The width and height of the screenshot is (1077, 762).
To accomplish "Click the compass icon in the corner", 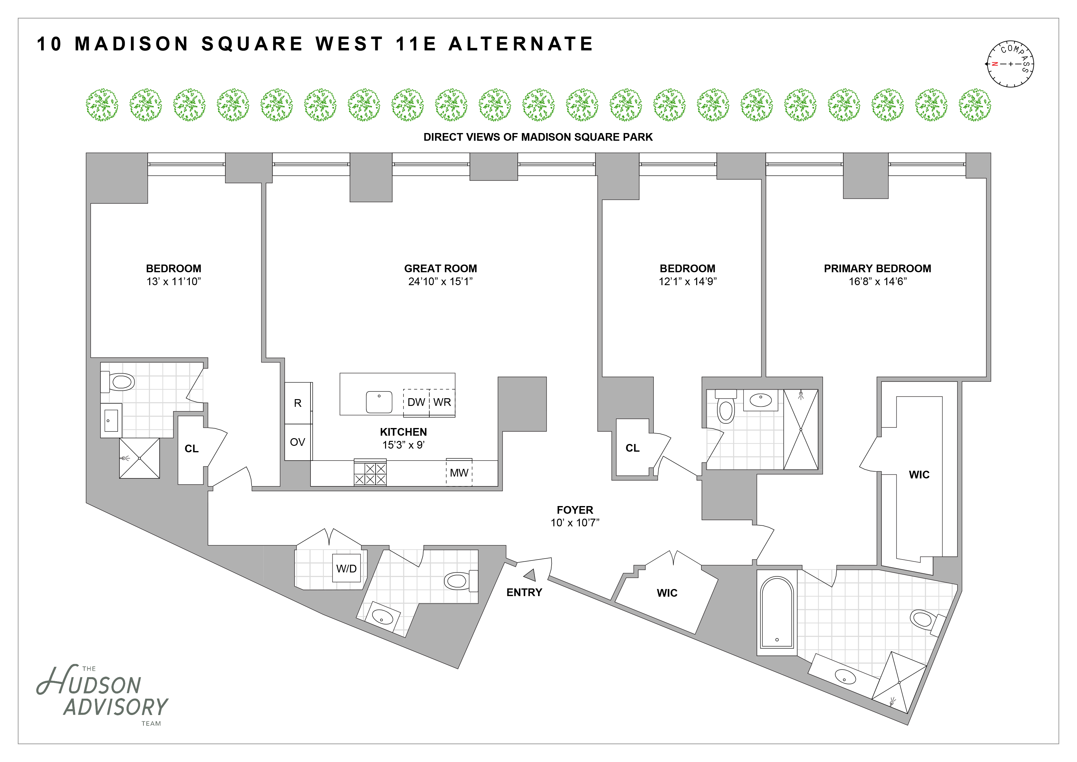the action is coord(1010,64).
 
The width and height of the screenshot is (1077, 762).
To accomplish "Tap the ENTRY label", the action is coord(524,593).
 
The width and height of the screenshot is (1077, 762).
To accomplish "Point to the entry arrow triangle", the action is coord(531,575).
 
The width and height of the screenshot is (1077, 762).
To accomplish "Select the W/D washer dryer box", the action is coord(346,568).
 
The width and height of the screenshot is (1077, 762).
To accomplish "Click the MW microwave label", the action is coord(459,473).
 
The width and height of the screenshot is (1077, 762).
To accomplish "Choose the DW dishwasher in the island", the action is coord(416,402).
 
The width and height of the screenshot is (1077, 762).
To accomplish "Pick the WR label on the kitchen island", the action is coord(442,402).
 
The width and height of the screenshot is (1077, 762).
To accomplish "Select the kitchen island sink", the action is coord(379,402).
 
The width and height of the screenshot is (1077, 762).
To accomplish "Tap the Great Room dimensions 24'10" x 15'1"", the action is coord(440,281).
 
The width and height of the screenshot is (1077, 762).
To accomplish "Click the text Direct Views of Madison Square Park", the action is coord(538,137).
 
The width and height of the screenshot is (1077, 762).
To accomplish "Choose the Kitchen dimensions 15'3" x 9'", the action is coord(404,445).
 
